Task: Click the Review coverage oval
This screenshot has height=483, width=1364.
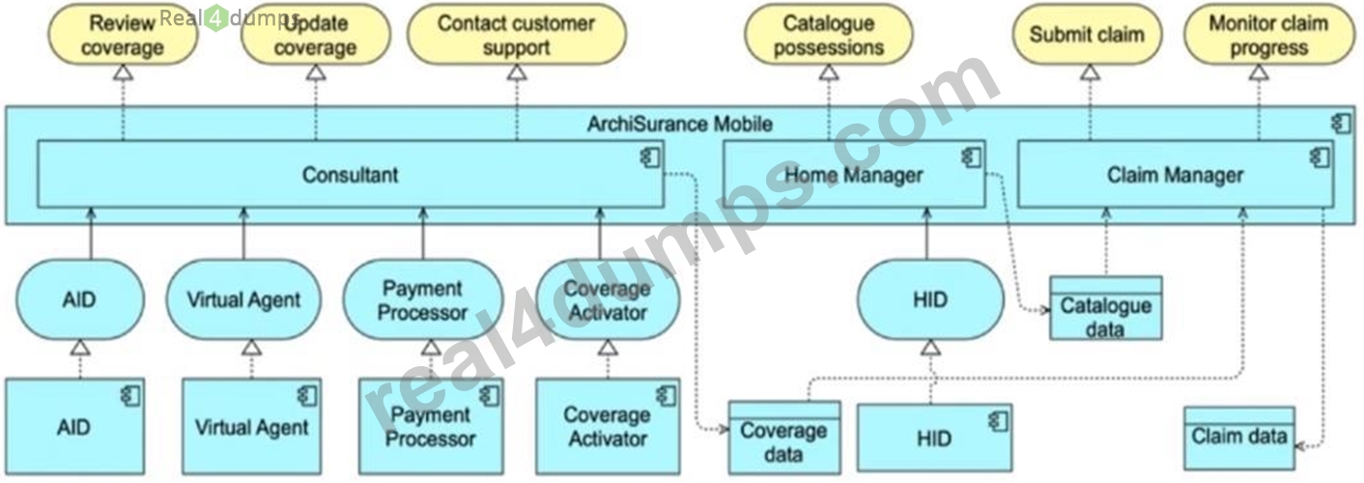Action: (x=123, y=35)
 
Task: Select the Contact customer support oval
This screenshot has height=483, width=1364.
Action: (x=517, y=35)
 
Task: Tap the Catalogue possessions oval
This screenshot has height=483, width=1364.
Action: (x=829, y=35)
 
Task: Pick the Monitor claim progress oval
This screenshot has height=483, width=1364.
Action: (x=1269, y=35)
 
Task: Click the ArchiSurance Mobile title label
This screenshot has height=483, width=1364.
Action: (x=679, y=125)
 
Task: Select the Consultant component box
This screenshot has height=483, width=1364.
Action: (x=351, y=174)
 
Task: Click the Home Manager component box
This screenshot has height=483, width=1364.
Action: (x=854, y=174)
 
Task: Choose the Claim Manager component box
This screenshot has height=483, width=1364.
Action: (x=1176, y=174)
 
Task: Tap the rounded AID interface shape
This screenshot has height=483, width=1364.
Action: (x=80, y=299)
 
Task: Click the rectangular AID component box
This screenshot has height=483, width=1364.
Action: (x=75, y=426)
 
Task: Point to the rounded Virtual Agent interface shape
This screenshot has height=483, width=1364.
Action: (x=243, y=299)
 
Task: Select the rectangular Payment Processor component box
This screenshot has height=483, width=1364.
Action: (x=431, y=426)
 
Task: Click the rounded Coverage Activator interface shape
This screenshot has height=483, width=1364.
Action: (x=608, y=299)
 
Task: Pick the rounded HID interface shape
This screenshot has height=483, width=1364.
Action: (x=930, y=299)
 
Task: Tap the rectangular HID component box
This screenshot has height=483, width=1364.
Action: (x=935, y=438)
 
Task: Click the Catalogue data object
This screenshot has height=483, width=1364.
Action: (x=1106, y=308)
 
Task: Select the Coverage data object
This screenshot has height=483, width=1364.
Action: (x=784, y=438)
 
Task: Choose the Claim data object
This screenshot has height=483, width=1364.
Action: (x=1239, y=439)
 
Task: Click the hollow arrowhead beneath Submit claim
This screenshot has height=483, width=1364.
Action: (x=1090, y=72)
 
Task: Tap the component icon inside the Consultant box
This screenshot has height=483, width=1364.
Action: (x=651, y=157)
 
